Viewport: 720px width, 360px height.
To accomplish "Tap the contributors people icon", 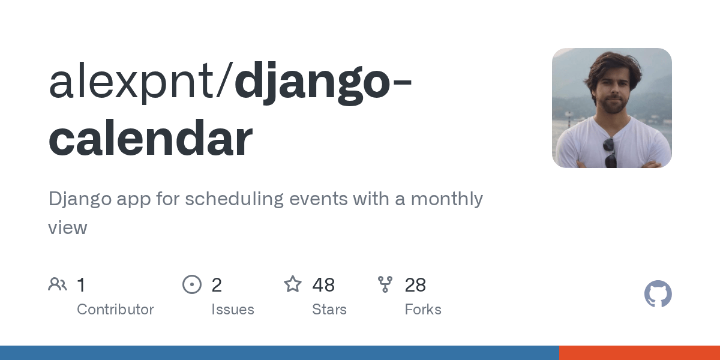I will pos(58,284).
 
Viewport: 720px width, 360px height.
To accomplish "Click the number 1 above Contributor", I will pos(82,285).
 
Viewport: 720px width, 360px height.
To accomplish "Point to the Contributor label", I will pos(115,310).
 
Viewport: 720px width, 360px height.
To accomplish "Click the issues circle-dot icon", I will pos(192,284).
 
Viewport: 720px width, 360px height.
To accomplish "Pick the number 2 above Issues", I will pos(217,285).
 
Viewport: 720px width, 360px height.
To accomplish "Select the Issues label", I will pos(232,310).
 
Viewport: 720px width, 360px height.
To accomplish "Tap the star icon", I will pos(293,284).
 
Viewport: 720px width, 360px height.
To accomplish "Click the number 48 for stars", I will pos(323,285).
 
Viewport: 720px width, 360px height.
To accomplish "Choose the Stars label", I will pos(329,310).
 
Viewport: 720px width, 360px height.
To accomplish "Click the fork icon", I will pos(385,284).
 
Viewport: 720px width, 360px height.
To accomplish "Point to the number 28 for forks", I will pos(415,285).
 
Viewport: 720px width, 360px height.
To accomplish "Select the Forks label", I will pos(423,310).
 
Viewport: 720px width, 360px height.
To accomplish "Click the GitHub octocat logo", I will pos(658,295).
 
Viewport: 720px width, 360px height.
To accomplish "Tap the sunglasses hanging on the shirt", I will pos(610,152).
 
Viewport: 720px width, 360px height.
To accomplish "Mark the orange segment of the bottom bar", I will pos(639,353).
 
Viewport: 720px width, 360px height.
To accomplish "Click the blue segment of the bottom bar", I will pos(279,353).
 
